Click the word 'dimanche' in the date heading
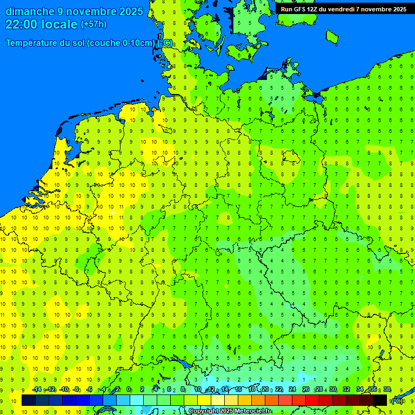pyautogui.click(x=30, y=11)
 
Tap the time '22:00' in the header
pyautogui.click(x=21, y=24)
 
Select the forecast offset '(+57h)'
pyautogui.click(x=93, y=24)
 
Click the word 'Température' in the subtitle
pyautogui.click(x=39, y=43)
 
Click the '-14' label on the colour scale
pyautogui.click(x=37, y=390)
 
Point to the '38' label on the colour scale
pyautogui.click(x=387, y=390)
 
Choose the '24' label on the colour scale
pyautogui.click(x=292, y=390)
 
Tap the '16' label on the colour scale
pyautogui.click(x=238, y=390)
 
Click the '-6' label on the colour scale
pyautogui.click(x=90, y=390)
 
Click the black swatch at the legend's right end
pyautogui.click(x=380, y=400)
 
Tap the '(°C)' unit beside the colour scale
pyautogui.click(x=397, y=400)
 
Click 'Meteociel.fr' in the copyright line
pyautogui.click(x=253, y=411)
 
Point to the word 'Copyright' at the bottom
pyautogui.click(x=203, y=411)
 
